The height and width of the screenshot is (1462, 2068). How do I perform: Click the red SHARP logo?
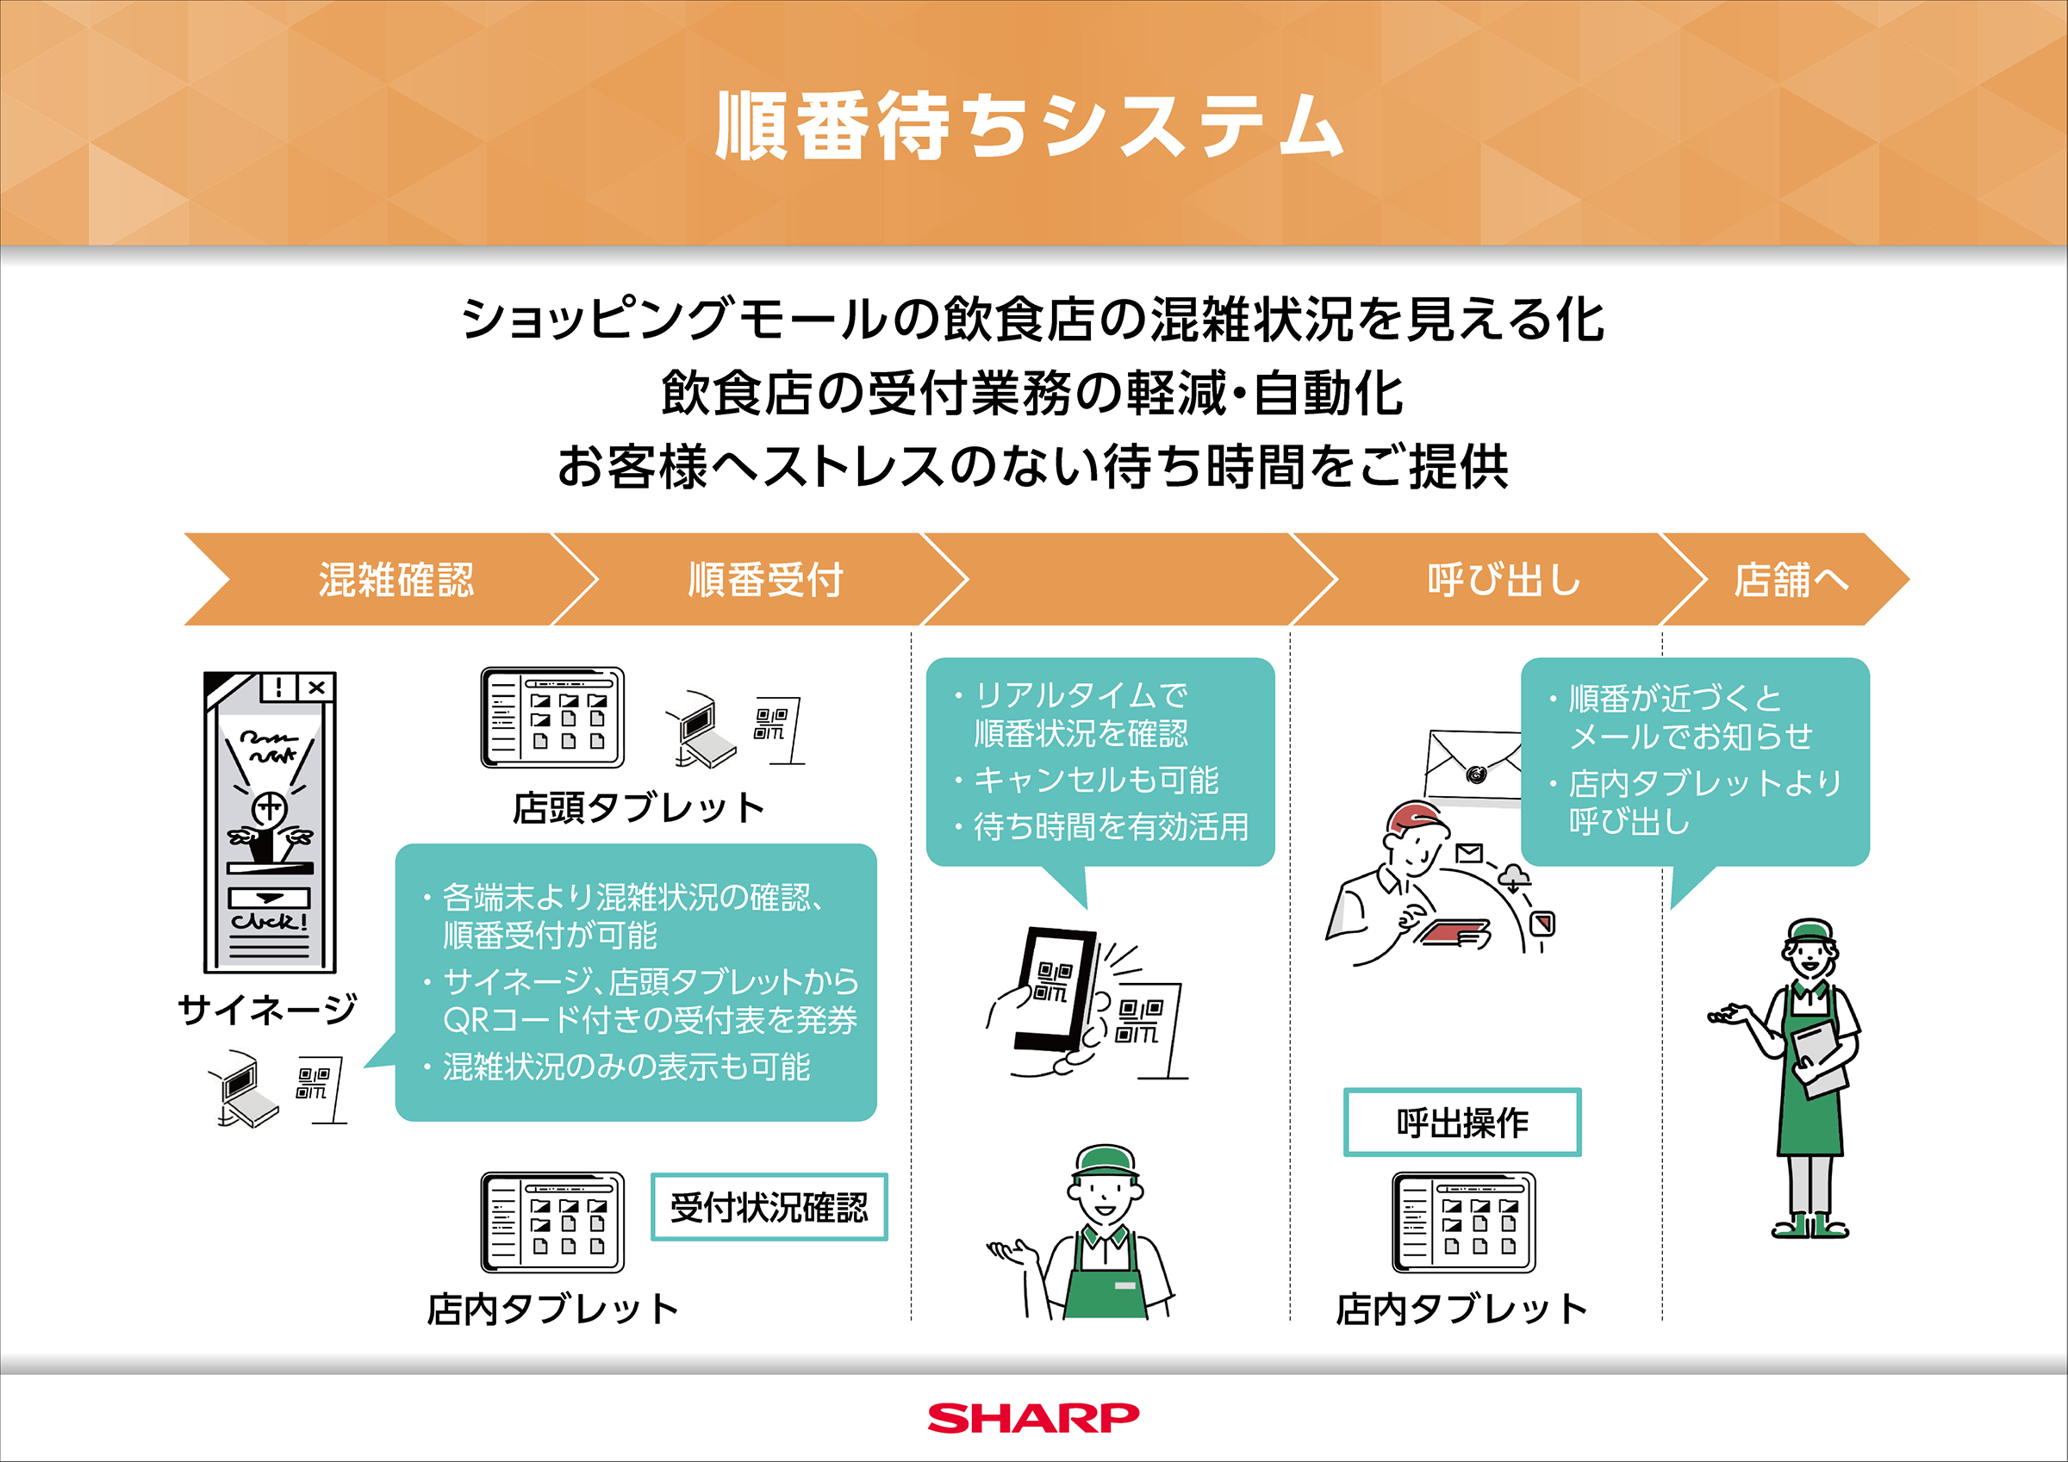1033,1418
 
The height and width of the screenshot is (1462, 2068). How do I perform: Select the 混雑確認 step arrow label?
396,579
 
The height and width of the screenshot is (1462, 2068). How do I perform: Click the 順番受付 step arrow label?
766,579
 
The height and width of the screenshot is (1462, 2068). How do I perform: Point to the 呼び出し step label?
1504,579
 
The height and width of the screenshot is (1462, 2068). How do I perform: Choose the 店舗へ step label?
1791,579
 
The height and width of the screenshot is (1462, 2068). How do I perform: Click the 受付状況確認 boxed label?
769,1207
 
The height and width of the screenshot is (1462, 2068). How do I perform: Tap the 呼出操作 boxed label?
1463,1123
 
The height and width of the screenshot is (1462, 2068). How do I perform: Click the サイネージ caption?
267,1009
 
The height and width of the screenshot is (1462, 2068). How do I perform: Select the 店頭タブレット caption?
638,807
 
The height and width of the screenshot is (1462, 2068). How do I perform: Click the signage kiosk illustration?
271,822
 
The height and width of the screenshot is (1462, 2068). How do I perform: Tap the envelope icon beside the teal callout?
1474,768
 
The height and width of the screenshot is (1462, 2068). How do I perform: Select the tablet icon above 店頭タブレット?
552,717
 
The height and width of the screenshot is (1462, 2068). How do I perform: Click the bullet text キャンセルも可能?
1096,780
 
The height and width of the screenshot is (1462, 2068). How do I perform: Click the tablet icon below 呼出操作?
1464,1222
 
